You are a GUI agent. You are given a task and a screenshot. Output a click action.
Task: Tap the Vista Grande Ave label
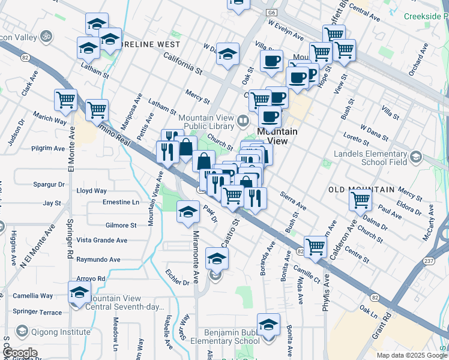point(101,240)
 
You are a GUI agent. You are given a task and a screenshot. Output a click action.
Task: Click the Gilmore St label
point(121,226)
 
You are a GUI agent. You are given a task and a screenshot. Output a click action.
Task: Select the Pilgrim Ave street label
point(49,148)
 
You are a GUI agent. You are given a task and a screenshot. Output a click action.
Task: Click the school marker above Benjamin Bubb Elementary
point(268,325)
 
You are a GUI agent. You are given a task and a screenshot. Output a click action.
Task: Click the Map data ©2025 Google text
point(411,355)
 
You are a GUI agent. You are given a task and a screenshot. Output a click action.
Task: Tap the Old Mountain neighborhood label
point(361,190)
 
